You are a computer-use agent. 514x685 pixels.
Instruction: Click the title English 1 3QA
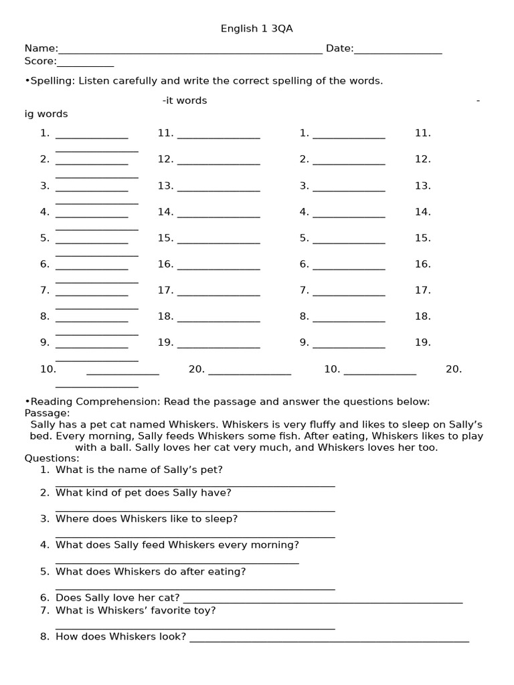click(x=256, y=29)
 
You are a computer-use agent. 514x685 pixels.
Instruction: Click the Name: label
click(x=41, y=48)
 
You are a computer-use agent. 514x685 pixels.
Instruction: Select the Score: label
click(x=40, y=62)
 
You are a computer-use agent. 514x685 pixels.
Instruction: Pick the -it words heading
click(x=185, y=100)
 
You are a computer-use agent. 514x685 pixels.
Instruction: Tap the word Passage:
click(x=47, y=413)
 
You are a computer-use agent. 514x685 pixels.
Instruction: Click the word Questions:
click(x=52, y=458)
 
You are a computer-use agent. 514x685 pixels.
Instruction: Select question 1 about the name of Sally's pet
click(x=139, y=470)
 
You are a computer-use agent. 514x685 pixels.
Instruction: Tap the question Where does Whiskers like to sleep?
click(x=146, y=518)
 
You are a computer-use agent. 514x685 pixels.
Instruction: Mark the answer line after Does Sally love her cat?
click(x=322, y=600)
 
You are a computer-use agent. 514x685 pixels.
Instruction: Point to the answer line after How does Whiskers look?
click(x=329, y=640)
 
